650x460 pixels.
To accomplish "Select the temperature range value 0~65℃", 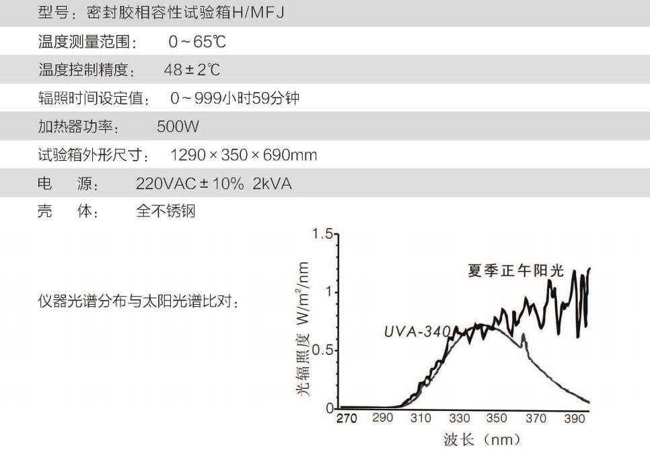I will (197, 42).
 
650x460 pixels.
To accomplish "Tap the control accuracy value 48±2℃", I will (192, 70).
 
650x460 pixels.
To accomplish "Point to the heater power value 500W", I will (178, 126).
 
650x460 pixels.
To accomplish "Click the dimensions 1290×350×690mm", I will (244, 155).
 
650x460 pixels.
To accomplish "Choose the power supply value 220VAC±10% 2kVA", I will (214, 184).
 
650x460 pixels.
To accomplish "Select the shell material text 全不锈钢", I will (166, 212).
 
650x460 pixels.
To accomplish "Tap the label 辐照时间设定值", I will (94, 99).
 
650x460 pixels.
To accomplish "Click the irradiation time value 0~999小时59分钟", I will (235, 99).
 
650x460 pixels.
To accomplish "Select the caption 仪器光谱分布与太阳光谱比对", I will (139, 302).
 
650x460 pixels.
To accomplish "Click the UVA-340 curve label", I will (417, 332).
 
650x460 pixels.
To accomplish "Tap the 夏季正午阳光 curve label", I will (516, 271).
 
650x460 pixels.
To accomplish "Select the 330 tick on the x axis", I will (460, 418).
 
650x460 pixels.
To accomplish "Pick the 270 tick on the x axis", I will (347, 418).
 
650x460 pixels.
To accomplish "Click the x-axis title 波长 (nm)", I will (482, 440).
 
